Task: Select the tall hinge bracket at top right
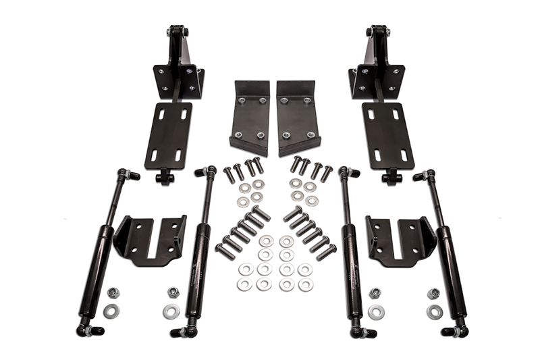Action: tap(377, 68)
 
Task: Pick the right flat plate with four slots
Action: tap(387, 136)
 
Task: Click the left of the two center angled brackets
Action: tap(249, 119)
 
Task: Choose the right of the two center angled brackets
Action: tap(298, 119)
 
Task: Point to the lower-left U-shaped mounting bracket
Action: tap(151, 240)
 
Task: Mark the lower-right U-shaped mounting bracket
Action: tap(402, 240)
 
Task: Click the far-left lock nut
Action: tap(113, 293)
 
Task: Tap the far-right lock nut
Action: tap(433, 294)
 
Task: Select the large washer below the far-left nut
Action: tap(111, 311)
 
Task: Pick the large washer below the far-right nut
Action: tap(435, 312)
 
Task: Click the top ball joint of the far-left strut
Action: tap(126, 174)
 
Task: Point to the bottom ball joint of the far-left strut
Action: tap(89, 330)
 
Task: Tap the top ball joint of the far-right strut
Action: tap(425, 176)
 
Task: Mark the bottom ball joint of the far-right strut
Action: tap(456, 331)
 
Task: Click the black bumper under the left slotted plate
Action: tap(163, 178)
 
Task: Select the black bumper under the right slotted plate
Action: tap(391, 178)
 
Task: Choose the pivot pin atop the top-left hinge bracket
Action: tap(177, 31)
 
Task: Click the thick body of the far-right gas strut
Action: tap(450, 270)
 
